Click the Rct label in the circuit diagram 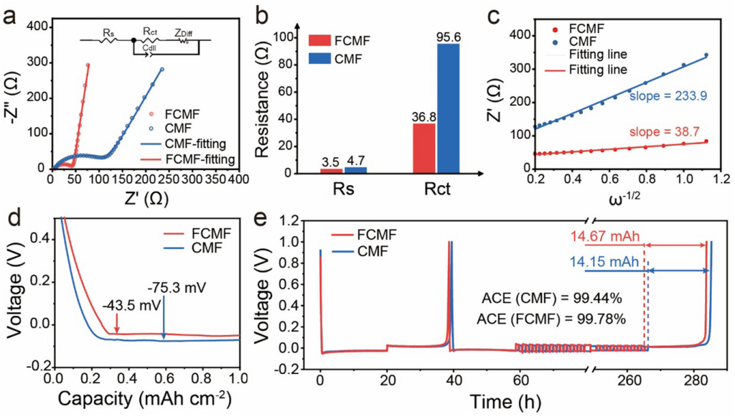click(150, 32)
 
